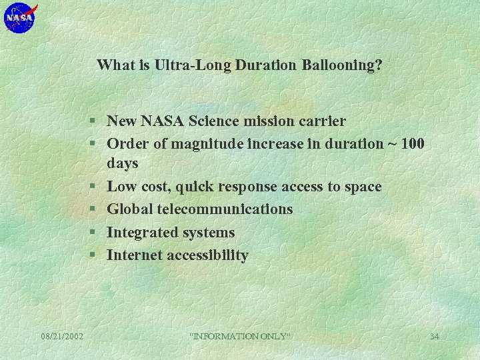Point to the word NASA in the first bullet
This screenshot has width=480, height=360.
pos(161,121)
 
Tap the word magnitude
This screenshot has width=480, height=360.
pos(205,143)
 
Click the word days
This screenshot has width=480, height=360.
pos(123,163)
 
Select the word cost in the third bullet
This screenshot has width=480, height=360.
pos(155,187)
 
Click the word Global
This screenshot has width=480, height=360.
pos(130,209)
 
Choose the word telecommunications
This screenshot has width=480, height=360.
pos(225,209)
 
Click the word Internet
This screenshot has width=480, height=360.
pos(133,255)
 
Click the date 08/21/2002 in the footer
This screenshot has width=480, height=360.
pos(62,336)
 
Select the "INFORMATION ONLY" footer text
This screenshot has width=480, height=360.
pos(240,336)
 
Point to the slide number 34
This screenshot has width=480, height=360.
pos(434,336)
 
